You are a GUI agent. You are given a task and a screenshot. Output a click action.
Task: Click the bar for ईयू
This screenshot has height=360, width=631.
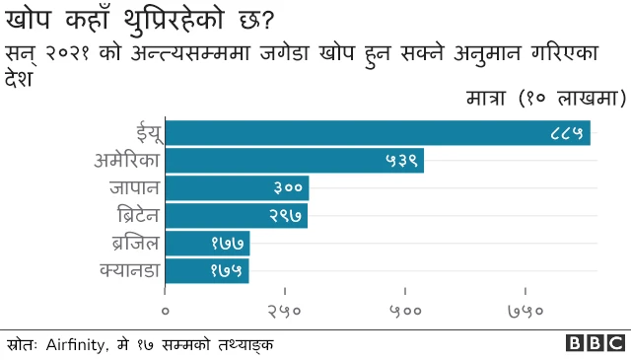click(x=378, y=132)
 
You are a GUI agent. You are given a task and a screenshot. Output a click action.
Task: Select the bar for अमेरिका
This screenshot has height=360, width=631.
click(x=294, y=160)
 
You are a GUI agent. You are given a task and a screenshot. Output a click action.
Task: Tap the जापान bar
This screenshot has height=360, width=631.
click(x=237, y=187)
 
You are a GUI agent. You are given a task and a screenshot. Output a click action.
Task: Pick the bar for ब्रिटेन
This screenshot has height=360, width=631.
click(x=236, y=215)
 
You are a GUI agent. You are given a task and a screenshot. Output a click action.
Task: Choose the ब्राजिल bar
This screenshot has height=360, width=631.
click(x=207, y=243)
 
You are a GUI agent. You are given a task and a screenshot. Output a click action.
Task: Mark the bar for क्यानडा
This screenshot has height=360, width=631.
click(x=207, y=270)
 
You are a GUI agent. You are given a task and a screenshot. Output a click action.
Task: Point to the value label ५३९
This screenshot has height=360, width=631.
click(x=401, y=160)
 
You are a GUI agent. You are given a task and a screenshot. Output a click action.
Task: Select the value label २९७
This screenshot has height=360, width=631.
click(x=286, y=215)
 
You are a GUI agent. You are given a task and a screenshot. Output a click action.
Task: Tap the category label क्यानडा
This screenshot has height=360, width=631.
click(x=128, y=269)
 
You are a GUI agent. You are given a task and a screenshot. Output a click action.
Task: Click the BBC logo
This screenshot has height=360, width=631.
click(x=595, y=343)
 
